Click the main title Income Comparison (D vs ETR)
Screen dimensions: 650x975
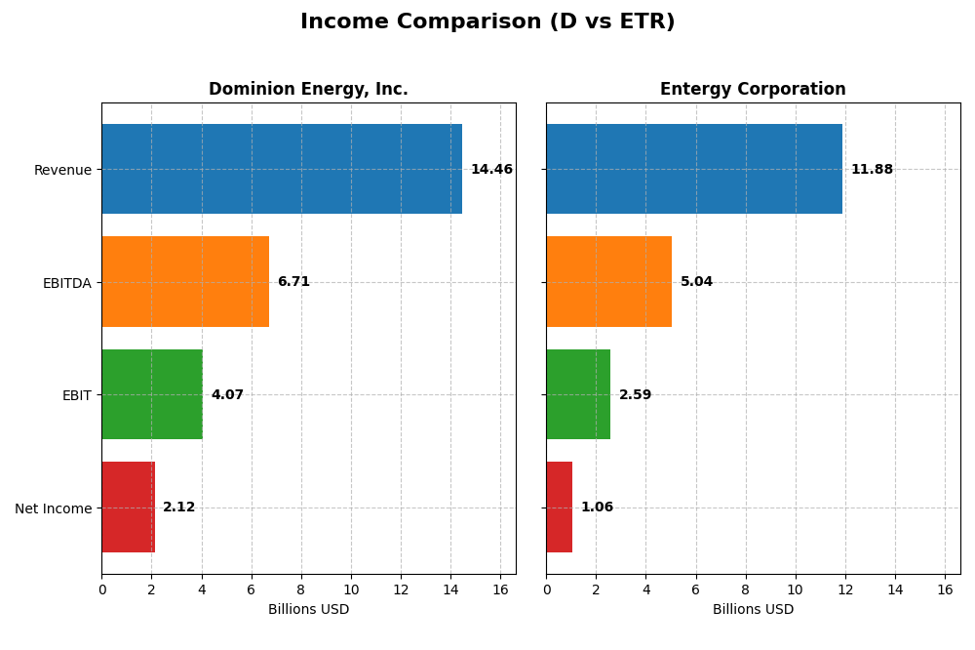487,22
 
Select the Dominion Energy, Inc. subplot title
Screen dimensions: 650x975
308,90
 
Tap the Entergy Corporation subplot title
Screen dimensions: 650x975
753,90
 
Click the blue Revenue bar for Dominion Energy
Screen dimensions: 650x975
282,169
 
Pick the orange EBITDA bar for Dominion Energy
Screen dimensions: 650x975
185,282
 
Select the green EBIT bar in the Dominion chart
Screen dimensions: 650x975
152,394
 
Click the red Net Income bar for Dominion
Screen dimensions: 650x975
128,508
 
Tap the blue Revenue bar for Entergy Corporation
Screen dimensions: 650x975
694,169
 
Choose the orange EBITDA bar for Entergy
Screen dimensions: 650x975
608,282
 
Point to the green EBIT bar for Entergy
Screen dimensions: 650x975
578,394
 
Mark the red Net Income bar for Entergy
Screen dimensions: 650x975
560,508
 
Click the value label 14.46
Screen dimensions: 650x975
491,170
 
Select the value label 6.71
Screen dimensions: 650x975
293,282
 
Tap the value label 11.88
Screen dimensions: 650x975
872,170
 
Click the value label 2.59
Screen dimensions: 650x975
635,395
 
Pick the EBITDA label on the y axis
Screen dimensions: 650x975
66,283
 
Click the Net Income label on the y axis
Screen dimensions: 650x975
53,508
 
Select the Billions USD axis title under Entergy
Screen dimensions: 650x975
753,610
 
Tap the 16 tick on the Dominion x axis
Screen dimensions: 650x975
500,590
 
